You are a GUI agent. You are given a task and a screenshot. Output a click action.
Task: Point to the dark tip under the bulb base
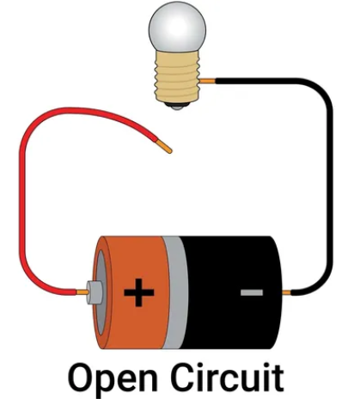click(x=177, y=106)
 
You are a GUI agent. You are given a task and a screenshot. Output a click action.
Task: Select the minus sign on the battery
click(x=251, y=292)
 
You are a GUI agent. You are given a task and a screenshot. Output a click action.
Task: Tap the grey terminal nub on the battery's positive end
click(x=95, y=292)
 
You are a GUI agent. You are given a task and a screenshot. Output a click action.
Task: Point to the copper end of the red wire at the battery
click(x=82, y=292)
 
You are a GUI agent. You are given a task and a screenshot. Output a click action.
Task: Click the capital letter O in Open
click(x=82, y=375)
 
